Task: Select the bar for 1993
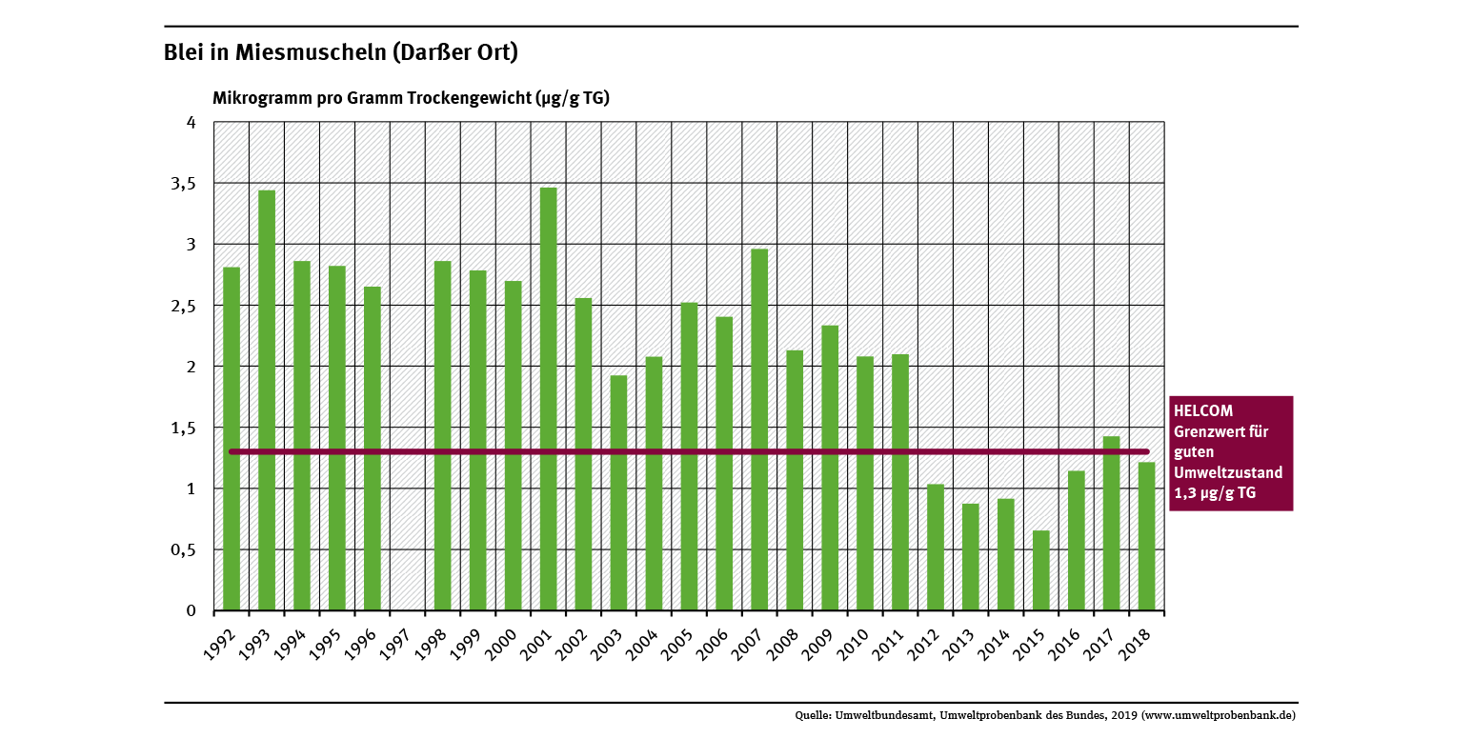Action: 267,400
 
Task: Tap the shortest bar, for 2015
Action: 1041,570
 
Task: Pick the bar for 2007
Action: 759,429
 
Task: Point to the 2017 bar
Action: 1112,523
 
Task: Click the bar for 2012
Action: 936,548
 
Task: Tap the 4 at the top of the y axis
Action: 191,123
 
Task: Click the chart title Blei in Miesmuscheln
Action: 341,52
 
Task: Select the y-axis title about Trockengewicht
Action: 411,98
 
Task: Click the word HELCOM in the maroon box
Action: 1203,411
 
